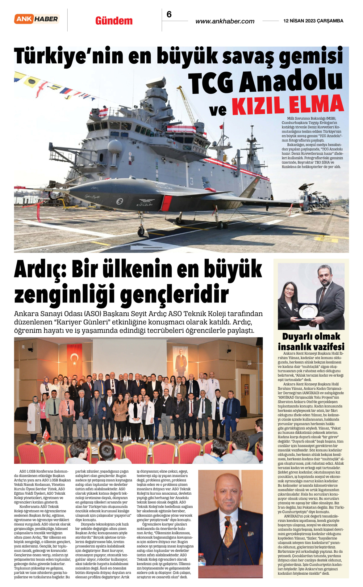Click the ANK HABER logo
click(x=37, y=19)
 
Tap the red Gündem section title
click(x=114, y=21)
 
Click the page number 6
click(x=169, y=14)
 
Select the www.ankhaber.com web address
click(x=225, y=21)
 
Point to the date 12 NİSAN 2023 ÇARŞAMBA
click(x=313, y=21)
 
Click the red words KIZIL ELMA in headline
click(x=287, y=105)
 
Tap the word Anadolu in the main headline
click(x=291, y=81)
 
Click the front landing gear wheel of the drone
click(x=141, y=231)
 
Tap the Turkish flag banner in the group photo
click(x=74, y=360)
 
